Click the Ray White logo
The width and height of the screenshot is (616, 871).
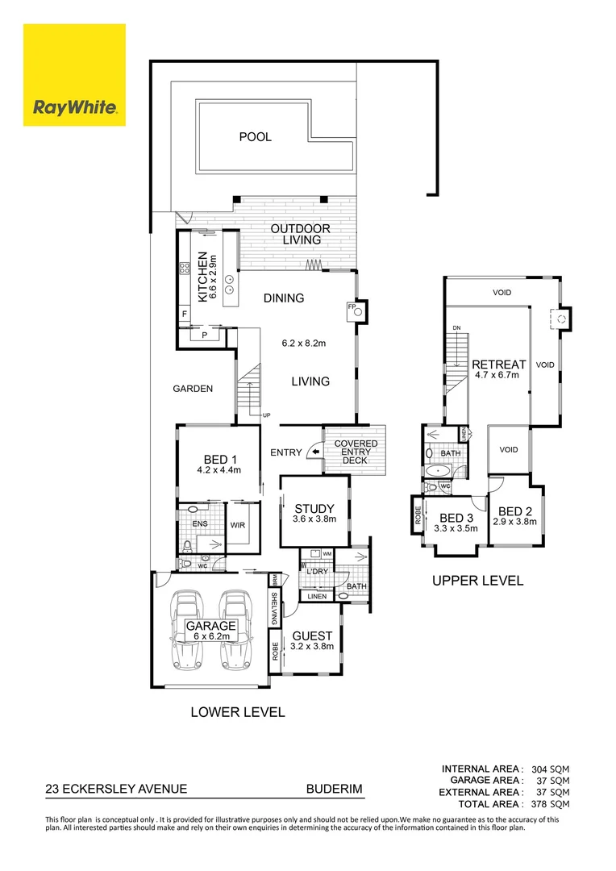pyautogui.click(x=74, y=75)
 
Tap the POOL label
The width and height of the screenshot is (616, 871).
pyautogui.click(x=255, y=137)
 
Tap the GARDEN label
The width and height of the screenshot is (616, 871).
pyautogui.click(x=193, y=389)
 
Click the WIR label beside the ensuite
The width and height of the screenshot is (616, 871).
pyautogui.click(x=238, y=526)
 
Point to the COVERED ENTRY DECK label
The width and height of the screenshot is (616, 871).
pyautogui.click(x=356, y=452)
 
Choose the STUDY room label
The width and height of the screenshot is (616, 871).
pyautogui.click(x=314, y=509)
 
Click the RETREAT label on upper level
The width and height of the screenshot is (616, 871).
pyautogui.click(x=499, y=365)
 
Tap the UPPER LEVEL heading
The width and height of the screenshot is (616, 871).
pyautogui.click(x=477, y=580)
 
